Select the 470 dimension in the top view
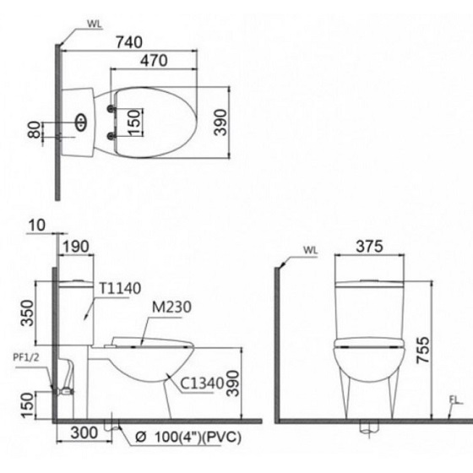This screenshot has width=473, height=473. click(x=154, y=60)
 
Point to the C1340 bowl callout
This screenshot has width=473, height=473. click(x=203, y=382)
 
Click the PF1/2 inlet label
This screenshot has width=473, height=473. click(x=25, y=357)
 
